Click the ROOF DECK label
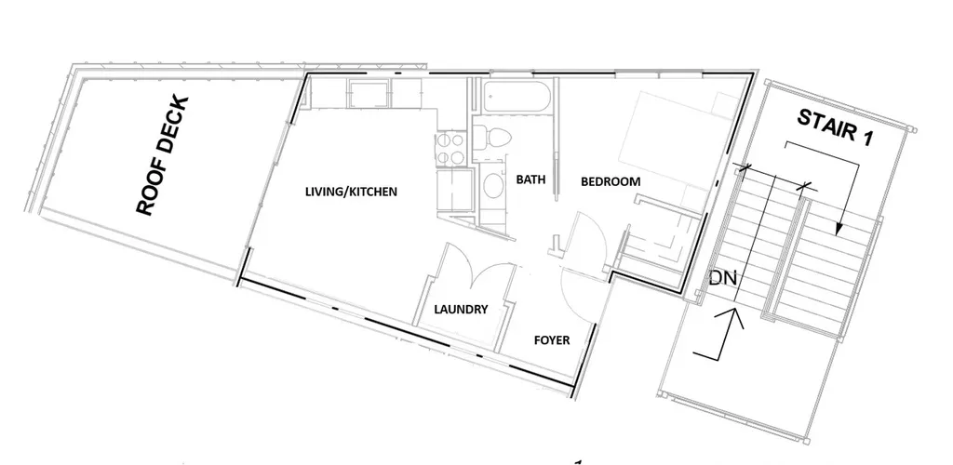(162, 156)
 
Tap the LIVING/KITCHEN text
(351, 192)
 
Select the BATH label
(530, 179)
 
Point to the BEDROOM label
(611, 181)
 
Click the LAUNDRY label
(461, 310)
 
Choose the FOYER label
(552, 340)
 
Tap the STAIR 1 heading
(836, 126)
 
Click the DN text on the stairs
(722, 279)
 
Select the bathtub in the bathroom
(517, 98)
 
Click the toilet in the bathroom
(492, 137)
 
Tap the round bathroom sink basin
(493, 186)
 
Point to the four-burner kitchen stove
(450, 149)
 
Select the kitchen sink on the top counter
(369, 95)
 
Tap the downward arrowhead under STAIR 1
(839, 230)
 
